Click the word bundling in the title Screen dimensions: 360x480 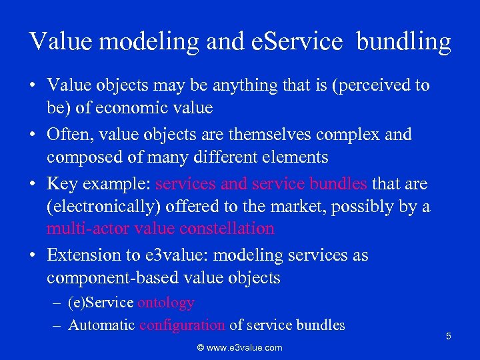404,42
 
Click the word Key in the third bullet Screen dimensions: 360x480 61,183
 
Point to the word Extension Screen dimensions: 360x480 83,255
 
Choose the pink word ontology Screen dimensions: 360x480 165,303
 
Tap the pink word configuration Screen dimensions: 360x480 181,325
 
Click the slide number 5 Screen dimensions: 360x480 449,336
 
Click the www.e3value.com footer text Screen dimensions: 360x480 239,347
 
